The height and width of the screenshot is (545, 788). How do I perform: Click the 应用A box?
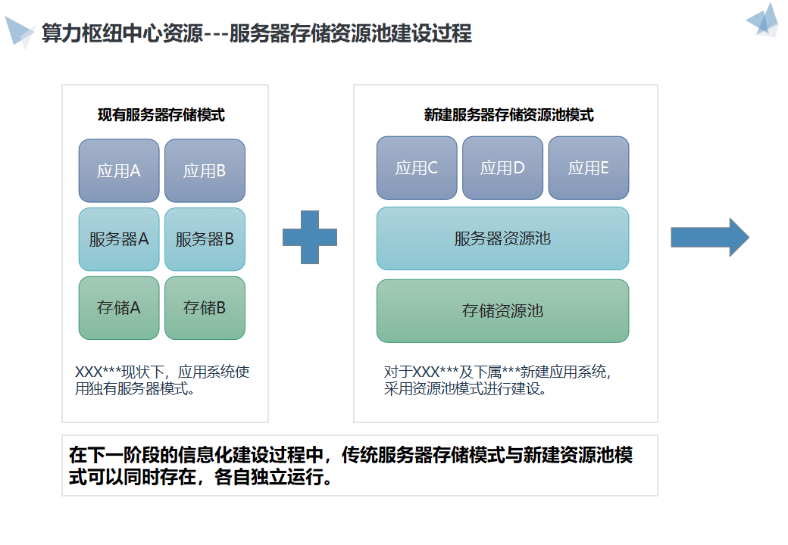coord(119,170)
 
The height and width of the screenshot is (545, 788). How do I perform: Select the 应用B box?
coord(205,170)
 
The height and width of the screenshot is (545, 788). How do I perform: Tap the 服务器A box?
coord(119,239)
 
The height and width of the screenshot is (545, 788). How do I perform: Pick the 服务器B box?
coord(205,239)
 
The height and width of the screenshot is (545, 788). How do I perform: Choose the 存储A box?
coord(119,308)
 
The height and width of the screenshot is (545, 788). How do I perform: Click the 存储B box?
coord(205,308)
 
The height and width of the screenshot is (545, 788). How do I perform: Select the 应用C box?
coord(417,168)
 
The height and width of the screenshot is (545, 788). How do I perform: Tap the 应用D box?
coord(502,168)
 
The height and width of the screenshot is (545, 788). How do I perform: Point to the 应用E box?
coord(589,168)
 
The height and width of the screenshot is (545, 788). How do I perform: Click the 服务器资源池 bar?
coord(502,238)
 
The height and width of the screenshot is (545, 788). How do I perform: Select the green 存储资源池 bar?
coord(502,310)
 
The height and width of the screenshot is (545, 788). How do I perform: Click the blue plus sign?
coord(309,237)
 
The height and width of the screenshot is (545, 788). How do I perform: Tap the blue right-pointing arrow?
coord(709,238)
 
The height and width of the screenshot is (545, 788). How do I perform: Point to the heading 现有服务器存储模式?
coord(161,116)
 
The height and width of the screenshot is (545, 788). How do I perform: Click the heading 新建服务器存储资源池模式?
coord(508,116)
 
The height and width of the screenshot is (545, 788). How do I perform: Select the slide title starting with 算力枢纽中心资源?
coord(257,34)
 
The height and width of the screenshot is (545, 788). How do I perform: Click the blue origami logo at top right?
coord(763,20)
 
